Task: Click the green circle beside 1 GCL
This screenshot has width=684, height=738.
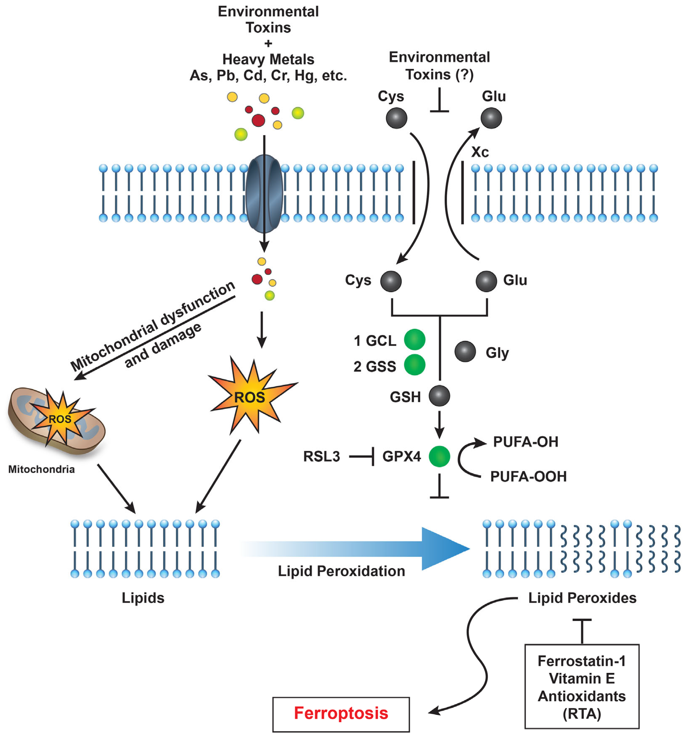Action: tap(415, 339)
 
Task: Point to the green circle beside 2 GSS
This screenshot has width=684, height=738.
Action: tap(415, 365)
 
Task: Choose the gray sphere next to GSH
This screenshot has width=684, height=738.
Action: tap(439, 396)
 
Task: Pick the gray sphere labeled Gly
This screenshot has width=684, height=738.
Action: tap(465, 351)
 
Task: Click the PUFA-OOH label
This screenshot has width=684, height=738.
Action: tap(528, 476)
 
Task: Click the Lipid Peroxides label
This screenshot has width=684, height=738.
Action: tap(582, 598)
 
